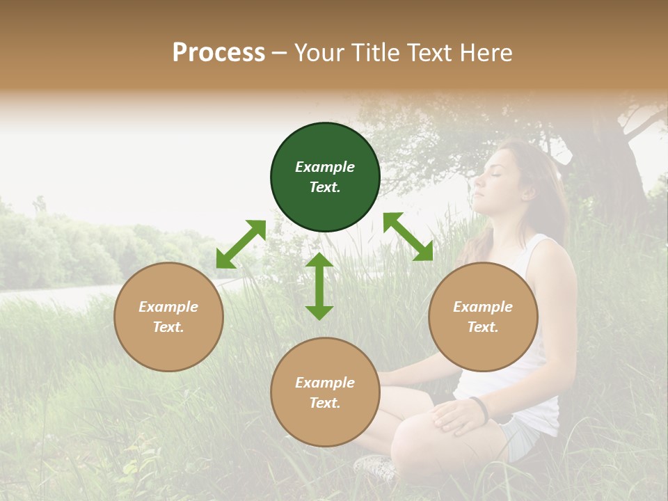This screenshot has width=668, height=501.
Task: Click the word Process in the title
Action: click(x=218, y=53)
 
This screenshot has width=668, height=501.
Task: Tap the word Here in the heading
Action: click(x=485, y=53)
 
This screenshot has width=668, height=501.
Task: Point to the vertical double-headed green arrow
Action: click(x=319, y=286)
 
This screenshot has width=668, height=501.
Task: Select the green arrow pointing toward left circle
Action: click(x=241, y=244)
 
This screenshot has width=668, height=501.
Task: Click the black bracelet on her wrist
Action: click(x=479, y=408)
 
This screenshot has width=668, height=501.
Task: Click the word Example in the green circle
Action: click(x=325, y=167)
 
